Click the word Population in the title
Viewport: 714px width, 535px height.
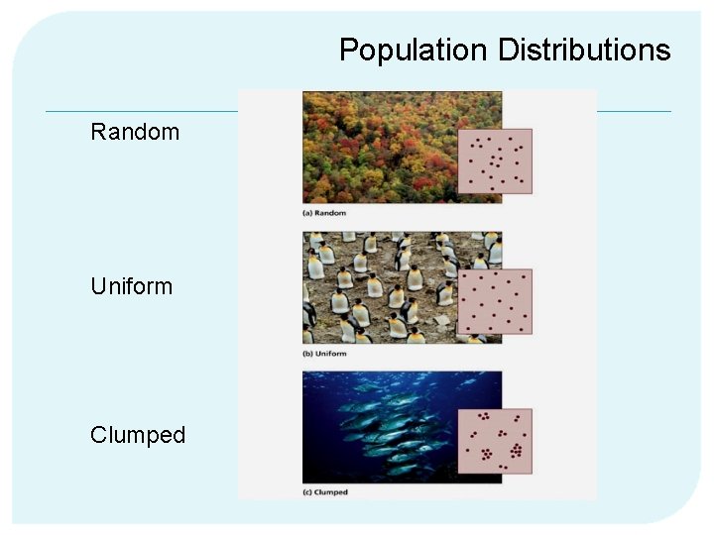tap(414, 51)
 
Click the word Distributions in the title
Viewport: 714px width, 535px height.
tap(584, 51)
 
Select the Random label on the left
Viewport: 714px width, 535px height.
tap(135, 132)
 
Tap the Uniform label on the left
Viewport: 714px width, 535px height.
tap(131, 286)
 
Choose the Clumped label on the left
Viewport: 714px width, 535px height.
tap(138, 435)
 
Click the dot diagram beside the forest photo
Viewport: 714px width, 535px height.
tap(495, 160)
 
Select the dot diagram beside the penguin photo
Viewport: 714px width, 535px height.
tap(495, 301)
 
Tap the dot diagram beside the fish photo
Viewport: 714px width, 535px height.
tap(495, 441)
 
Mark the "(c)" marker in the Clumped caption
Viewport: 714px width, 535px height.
tap(307, 492)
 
